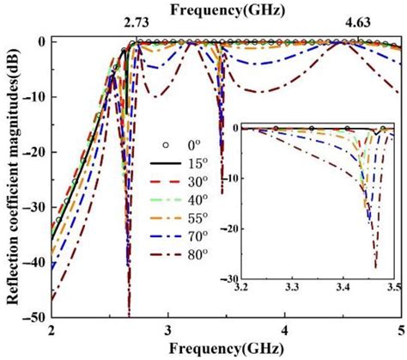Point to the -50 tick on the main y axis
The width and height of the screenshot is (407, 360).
(x=34, y=317)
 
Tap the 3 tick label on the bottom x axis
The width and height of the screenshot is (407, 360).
(x=168, y=331)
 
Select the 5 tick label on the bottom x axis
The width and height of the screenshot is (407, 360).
(x=399, y=331)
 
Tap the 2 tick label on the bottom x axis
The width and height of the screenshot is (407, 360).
(x=52, y=331)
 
